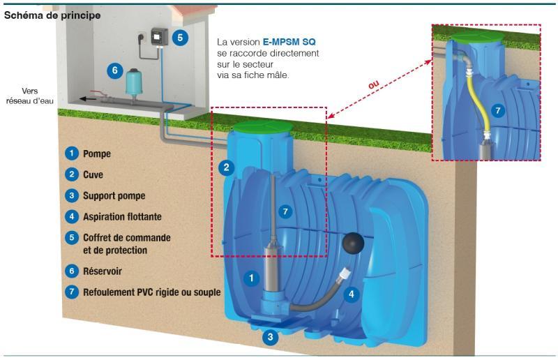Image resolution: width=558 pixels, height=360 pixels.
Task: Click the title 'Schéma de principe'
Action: pyautogui.click(x=52, y=15)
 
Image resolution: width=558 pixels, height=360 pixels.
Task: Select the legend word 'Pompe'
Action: pyautogui.click(x=97, y=153)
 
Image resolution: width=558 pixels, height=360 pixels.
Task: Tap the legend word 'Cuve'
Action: pyautogui.click(x=93, y=174)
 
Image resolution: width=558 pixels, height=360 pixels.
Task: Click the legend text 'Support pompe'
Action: pyautogui.click(x=114, y=195)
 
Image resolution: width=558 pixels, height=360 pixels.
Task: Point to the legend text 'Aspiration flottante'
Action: pyautogui.click(x=126, y=216)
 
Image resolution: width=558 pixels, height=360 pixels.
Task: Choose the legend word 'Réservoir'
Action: pyautogui.click(x=103, y=270)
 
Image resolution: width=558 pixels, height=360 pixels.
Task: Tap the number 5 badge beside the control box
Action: pyautogui.click(x=181, y=38)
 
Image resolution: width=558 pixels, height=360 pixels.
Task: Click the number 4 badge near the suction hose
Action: pyautogui.click(x=352, y=295)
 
